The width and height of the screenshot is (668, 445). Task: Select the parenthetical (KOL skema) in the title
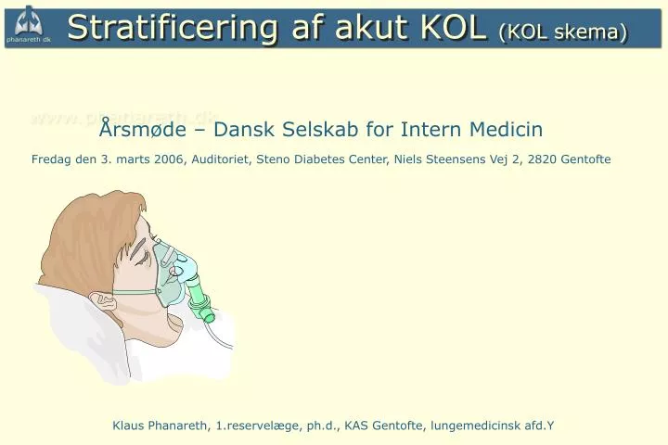point(563,31)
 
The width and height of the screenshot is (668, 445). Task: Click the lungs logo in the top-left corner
point(28,20)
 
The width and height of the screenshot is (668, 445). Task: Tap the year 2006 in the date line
point(169,159)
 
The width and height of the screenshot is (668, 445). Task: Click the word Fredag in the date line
point(52,159)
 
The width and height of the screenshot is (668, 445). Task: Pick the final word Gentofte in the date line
point(586,159)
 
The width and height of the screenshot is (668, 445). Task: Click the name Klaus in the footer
point(128,426)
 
